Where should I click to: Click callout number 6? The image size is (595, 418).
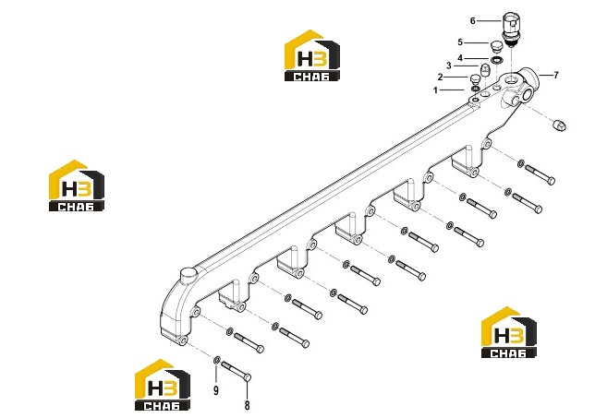[472, 21]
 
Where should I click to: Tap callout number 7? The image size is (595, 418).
[556, 75]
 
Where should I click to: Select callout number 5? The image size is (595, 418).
[460, 42]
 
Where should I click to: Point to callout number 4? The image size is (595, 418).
[460, 58]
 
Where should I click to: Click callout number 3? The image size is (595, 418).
[448, 66]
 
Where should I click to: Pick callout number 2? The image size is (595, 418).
[440, 78]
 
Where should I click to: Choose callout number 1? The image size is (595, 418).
[436, 90]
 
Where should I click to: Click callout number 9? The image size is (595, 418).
[216, 390]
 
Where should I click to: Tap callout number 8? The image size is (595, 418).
[247, 405]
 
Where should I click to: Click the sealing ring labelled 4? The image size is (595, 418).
[496, 60]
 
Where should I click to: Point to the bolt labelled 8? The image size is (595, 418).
[236, 372]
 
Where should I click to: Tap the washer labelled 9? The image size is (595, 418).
[217, 360]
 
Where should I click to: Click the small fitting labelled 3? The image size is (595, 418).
[484, 70]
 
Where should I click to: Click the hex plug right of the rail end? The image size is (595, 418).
[559, 125]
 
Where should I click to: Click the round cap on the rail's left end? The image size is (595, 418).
[188, 275]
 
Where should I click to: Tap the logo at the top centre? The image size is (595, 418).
[312, 55]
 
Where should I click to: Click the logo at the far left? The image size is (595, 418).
[77, 185]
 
